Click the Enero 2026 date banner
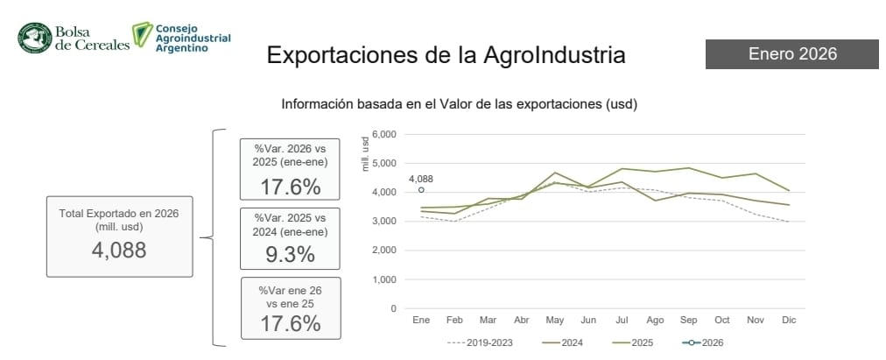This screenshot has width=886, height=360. pyautogui.click(x=791, y=54)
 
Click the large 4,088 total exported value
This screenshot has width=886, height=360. pyautogui.click(x=119, y=250)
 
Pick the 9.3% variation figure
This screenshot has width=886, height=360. pyautogui.click(x=290, y=254)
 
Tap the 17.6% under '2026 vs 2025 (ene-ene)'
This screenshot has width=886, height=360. pyautogui.click(x=290, y=187)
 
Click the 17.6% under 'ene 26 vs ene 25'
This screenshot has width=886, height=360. pyautogui.click(x=290, y=322)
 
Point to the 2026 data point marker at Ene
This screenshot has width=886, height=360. pyautogui.click(x=421, y=189)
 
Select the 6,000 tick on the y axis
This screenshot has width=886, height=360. pyautogui.click(x=384, y=134)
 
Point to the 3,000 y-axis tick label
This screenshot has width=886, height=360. pyautogui.click(x=384, y=222)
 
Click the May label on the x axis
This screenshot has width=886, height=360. pyautogui.click(x=556, y=321)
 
